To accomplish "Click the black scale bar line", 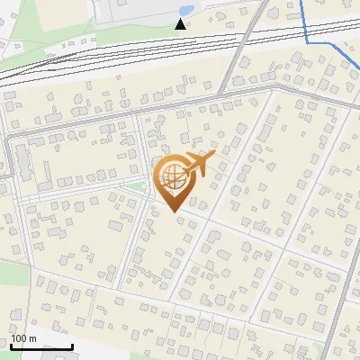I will pyautogui.click(x=40, y=346).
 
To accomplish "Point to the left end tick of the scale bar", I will pyautogui.click(x=11, y=345).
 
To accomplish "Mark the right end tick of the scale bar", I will pyautogui.click(x=72, y=345).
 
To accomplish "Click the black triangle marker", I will pyautogui.click(x=181, y=23).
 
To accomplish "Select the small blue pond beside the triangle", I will pyautogui.click(x=185, y=11).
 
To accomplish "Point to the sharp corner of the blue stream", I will pyautogui.click(x=308, y=41).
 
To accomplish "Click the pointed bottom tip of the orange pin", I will pyautogui.click(x=171, y=212).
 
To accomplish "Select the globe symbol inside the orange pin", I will pyautogui.click(x=171, y=178).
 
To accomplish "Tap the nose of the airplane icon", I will pyautogui.click(x=215, y=154).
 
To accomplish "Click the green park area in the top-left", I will pyautogui.click(x=27, y=22).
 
